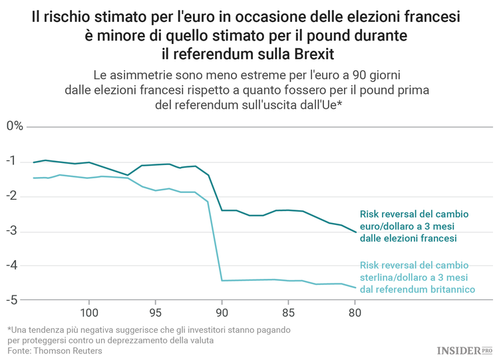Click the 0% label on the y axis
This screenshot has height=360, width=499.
(15, 126)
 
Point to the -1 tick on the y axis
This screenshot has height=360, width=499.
(11, 162)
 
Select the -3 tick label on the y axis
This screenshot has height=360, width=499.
(11, 231)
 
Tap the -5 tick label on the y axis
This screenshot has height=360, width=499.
(11, 300)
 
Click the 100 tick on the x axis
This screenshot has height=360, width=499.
(89, 312)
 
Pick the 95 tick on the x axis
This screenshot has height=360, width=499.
(155, 312)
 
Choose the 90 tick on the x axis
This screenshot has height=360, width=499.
(222, 312)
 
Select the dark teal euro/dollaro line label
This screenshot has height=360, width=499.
(414, 226)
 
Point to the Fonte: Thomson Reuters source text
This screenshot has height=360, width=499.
(55, 351)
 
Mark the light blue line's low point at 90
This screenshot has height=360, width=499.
(222, 280)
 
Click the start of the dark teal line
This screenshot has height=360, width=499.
(33, 162)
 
